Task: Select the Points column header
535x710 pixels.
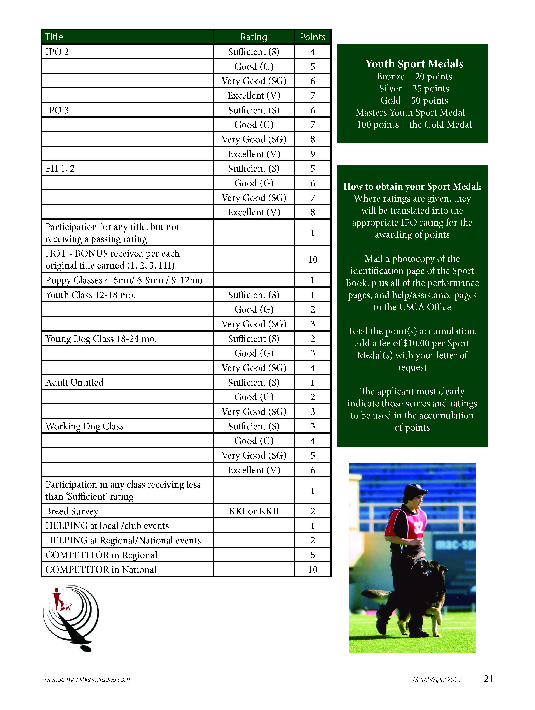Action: [312, 37]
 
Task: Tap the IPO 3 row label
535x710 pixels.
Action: [57, 110]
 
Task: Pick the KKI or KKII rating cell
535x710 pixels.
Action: [254, 511]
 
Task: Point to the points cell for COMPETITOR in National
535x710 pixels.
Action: [312, 570]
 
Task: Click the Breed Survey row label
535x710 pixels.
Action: [72, 511]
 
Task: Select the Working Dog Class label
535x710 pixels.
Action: [84, 426]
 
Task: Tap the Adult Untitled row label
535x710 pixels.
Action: [74, 383]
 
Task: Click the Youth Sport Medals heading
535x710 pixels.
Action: [414, 63]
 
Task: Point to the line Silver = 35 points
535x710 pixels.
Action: [414, 88]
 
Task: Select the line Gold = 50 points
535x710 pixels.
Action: [414, 100]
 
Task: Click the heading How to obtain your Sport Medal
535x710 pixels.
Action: [412, 186]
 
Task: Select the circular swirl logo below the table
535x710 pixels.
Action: [71, 618]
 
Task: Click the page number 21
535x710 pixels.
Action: [488, 678]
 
